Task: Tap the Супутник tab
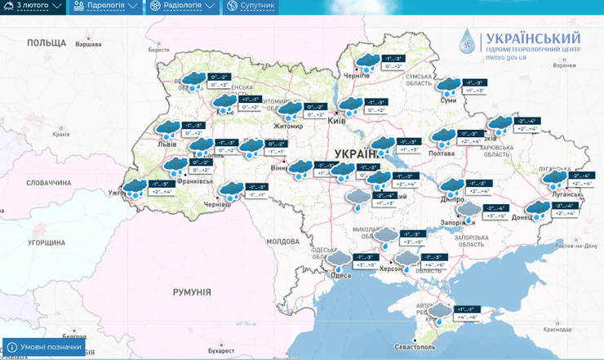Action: (x=252, y=7)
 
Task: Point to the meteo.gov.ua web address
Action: (x=513, y=58)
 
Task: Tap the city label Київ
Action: (x=336, y=121)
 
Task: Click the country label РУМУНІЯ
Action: (x=192, y=291)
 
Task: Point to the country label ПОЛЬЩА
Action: (x=46, y=42)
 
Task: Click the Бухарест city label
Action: (x=221, y=350)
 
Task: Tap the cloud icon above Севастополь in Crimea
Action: (x=439, y=312)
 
